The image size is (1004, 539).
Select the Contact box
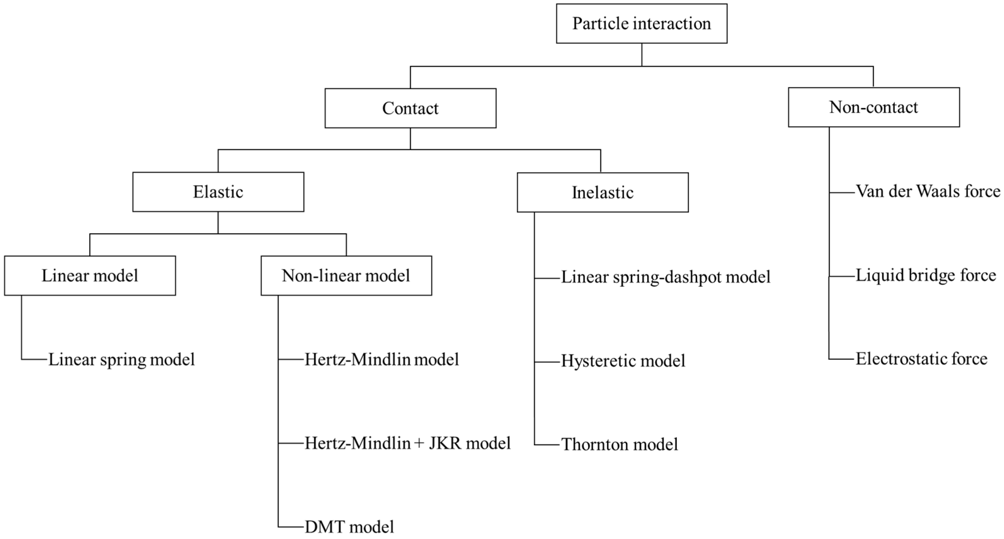pos(411,108)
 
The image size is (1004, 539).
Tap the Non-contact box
pos(874,107)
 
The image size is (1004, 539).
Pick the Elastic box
pos(218,192)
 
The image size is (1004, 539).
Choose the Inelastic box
pos(603,192)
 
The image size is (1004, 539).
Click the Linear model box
pos(90,276)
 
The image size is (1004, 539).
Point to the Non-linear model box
pos(346,276)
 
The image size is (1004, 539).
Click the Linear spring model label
pos(122,359)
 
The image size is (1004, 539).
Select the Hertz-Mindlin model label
pos(382,359)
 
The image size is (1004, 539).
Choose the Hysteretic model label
pos(623,361)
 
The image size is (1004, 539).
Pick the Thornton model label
pos(620,444)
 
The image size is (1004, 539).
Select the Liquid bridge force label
pos(926,275)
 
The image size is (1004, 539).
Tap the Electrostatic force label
pos(922,359)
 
